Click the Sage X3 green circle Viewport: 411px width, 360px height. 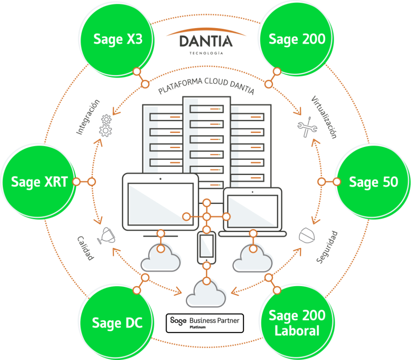118,39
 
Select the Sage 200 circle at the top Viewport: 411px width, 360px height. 297,39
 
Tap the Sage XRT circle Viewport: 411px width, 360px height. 39,182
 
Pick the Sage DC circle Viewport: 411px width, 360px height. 117,323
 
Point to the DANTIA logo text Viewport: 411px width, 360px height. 205,41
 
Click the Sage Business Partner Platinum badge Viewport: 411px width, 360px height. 205,323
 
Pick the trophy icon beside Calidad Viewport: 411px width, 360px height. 105,235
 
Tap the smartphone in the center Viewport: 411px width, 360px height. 206,246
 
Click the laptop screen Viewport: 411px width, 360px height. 252,210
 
